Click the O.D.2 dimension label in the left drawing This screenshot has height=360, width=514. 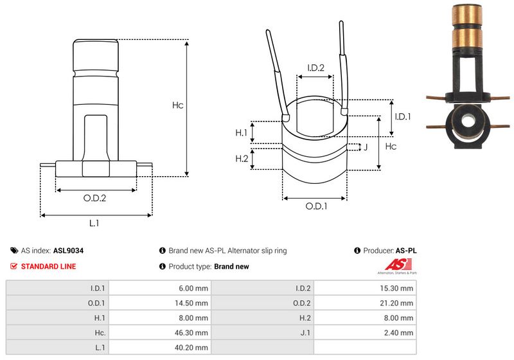[x=94, y=198]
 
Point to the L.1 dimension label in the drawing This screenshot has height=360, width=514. [x=94, y=223]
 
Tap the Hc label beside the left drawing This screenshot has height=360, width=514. [x=178, y=105]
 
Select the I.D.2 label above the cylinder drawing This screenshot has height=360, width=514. [x=315, y=67]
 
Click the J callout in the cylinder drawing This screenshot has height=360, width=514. [x=365, y=147]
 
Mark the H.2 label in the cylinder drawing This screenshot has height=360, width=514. [x=242, y=159]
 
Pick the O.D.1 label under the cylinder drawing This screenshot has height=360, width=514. [x=316, y=206]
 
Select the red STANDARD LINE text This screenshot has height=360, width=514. [x=49, y=266]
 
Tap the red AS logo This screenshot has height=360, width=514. [x=396, y=264]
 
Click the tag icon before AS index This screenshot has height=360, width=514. [x=14, y=251]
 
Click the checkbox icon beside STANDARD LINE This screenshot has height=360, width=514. [x=14, y=266]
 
